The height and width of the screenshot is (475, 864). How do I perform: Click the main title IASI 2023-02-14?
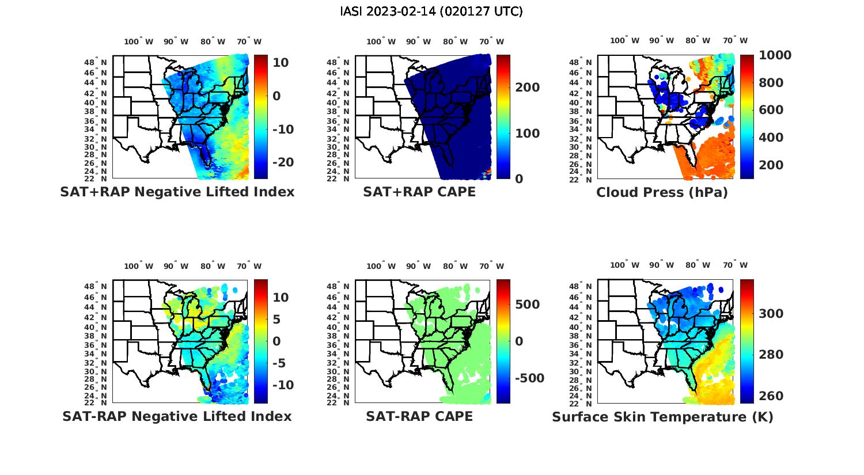point(431,12)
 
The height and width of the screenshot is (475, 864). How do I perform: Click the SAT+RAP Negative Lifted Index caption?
point(177,192)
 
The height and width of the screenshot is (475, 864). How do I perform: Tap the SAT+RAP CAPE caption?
point(419,192)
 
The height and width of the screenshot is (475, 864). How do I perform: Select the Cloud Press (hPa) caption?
point(662,192)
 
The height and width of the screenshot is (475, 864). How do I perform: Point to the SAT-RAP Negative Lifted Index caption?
point(177,416)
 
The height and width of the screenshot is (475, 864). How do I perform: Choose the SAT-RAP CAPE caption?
point(419,416)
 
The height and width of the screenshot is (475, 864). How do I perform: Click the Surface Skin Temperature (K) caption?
point(662,417)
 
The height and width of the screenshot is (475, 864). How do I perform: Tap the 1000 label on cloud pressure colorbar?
point(775,55)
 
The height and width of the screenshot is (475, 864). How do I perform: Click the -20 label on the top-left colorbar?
point(283,162)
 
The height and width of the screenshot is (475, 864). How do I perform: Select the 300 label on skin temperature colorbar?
point(771,313)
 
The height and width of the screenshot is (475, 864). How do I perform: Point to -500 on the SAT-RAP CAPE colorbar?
point(529,378)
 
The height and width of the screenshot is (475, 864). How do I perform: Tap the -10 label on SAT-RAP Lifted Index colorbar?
point(283,385)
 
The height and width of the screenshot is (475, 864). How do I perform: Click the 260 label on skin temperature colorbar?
point(771,396)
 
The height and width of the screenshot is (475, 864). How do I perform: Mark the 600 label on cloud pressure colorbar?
point(771,110)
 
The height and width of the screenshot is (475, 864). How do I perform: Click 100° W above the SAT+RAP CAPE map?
point(381,41)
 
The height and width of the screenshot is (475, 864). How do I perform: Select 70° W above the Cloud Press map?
point(736,40)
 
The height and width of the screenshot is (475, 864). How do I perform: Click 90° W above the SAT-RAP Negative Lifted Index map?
point(176,266)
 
